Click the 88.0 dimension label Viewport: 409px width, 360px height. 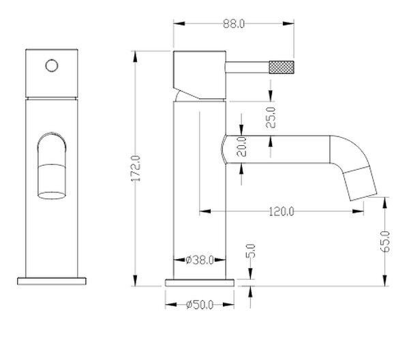pos(234,24)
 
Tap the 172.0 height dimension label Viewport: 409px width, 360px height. pos(136,168)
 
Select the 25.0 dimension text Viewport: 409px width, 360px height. pos(271,117)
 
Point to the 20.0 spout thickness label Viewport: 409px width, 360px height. pos(241,147)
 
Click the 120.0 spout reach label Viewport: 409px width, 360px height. pos(281,211)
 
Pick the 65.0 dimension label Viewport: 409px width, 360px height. pos(385,241)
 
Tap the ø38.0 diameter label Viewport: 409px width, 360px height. pos(200,260)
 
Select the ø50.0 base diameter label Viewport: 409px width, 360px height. pos(200,305)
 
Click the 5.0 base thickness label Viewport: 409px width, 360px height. pos(250,251)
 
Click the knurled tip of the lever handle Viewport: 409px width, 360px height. pos(282,67)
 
